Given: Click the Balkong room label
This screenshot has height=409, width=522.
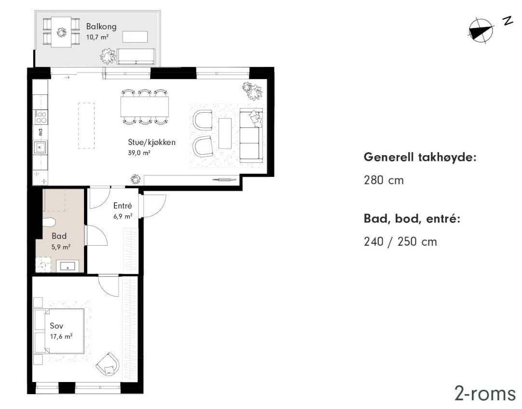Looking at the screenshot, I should pos(101,26).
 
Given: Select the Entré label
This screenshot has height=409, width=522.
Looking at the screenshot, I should pos(123,206).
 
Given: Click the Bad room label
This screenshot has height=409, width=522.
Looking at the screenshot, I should pos(59,236).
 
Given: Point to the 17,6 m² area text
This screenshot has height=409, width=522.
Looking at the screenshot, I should pos(61,337).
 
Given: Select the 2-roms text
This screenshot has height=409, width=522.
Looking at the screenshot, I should pos(484,393).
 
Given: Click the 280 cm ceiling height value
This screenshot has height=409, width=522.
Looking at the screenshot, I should pos(384,181).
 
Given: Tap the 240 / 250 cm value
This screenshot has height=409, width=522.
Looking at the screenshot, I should pos(400,241).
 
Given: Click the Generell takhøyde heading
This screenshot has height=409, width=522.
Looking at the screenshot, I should pos(420,158).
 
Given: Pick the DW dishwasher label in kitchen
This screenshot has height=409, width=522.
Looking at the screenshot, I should pos(40,132).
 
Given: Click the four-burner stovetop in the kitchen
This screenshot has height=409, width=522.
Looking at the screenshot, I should pos(41,117).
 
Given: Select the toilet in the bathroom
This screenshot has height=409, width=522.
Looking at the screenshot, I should pos(49,221).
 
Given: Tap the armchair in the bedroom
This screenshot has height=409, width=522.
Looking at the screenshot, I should pos(108,364).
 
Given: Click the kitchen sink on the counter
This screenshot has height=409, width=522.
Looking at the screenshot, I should pos(40,148).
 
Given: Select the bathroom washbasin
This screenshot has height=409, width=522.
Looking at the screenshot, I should pos(67,265).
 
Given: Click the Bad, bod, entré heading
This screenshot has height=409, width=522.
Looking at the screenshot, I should pos(412,219).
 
